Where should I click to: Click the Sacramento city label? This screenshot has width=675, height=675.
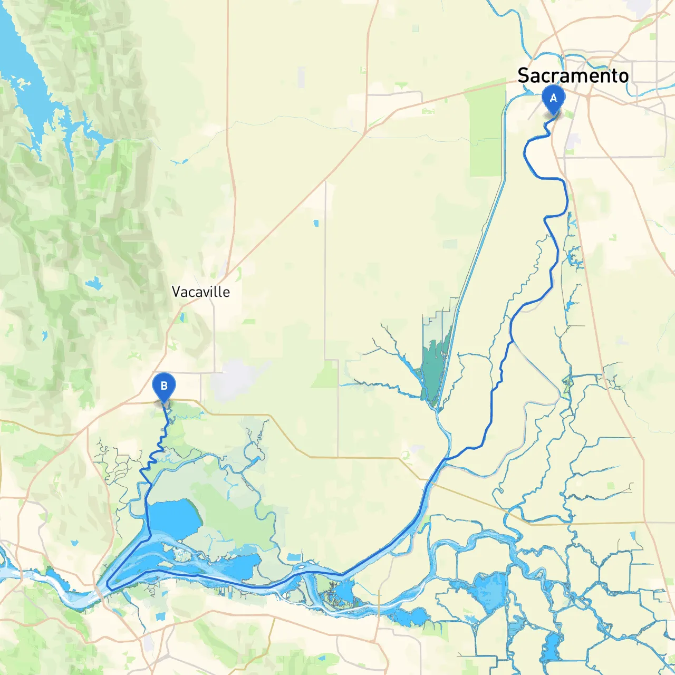coord(573,75)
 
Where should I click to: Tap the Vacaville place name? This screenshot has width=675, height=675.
coord(201,292)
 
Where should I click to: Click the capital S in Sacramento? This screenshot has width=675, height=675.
coord(524,75)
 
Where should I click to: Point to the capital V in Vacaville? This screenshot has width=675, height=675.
coord(177,292)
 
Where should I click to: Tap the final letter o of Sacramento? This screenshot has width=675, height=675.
coord(623,77)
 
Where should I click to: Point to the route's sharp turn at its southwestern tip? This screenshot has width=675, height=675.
coord(108,586)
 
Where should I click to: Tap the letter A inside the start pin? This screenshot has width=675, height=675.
coord(553,98)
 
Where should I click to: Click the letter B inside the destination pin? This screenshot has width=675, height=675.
coord(163,386)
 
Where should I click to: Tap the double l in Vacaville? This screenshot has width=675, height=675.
coord(218,292)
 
